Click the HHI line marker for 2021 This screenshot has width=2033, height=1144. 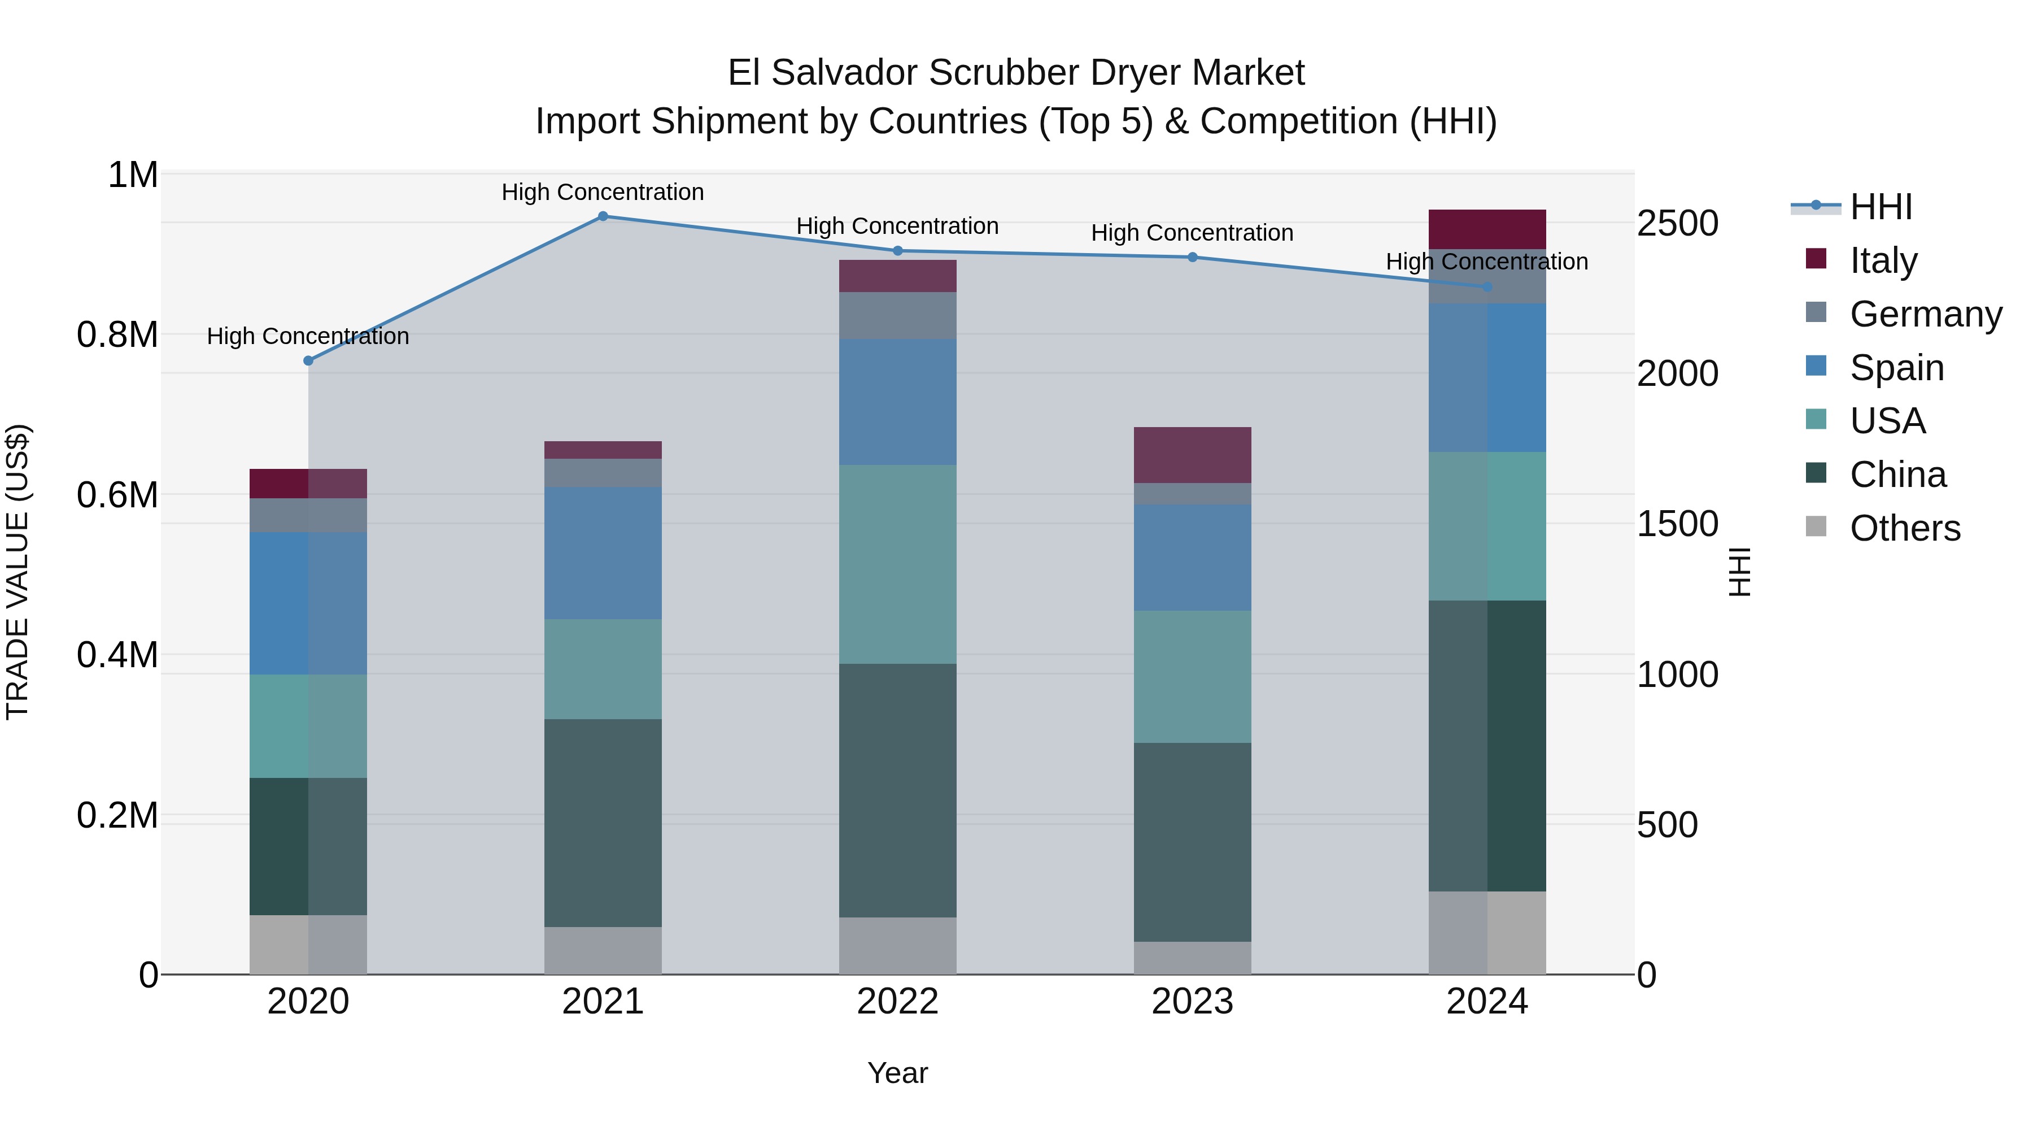coord(603,216)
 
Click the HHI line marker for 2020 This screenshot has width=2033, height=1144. coord(308,361)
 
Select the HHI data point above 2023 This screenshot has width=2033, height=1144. coord(1193,258)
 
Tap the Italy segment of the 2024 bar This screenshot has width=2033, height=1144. coord(1487,230)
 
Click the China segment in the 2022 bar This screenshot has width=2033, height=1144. coord(897,790)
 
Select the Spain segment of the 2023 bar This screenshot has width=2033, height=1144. coord(1193,558)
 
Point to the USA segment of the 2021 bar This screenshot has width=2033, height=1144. coord(603,669)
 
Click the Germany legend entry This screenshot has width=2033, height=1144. coord(1925,314)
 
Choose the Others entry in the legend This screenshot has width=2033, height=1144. coord(1904,528)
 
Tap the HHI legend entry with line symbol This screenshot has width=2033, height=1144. coord(1880,207)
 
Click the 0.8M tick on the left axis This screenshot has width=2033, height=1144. coord(117,335)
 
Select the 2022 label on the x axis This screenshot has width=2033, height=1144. coord(897,1002)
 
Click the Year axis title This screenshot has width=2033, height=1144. coord(897,1073)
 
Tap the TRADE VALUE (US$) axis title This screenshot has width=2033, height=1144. coord(18,572)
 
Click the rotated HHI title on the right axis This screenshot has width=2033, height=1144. coord(1739,572)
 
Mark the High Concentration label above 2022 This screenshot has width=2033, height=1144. coord(897,226)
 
